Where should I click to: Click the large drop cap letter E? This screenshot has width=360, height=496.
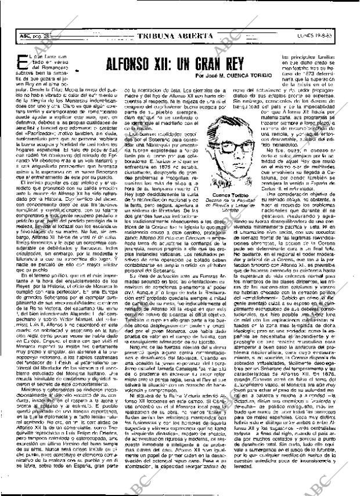click(24, 63)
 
